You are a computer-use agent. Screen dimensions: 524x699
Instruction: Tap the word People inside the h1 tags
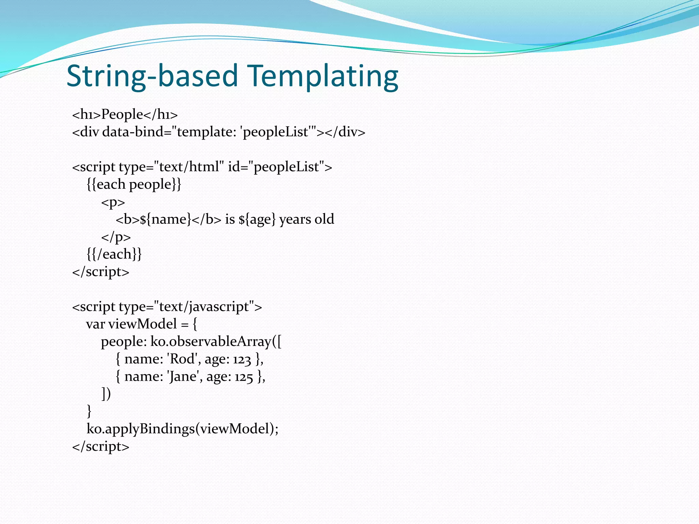pyautogui.click(x=122, y=114)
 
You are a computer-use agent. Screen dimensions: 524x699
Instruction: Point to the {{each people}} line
pyautogui.click(x=134, y=184)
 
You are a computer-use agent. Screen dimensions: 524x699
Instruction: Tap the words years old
pyautogui.click(x=306, y=219)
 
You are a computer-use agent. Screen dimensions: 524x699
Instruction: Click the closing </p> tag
pyautogui.click(x=116, y=237)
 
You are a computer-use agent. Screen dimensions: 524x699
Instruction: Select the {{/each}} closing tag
pyautogui.click(x=114, y=254)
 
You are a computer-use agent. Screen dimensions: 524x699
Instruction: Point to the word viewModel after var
pyautogui.click(x=142, y=324)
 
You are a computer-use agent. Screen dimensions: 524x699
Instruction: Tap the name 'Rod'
pyautogui.click(x=182, y=359)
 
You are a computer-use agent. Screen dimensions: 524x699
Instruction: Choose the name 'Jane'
pyautogui.click(x=183, y=377)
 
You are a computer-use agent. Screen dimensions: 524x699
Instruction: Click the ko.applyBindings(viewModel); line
pyautogui.click(x=183, y=429)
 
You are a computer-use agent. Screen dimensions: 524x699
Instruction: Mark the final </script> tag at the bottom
pyautogui.click(x=101, y=446)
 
